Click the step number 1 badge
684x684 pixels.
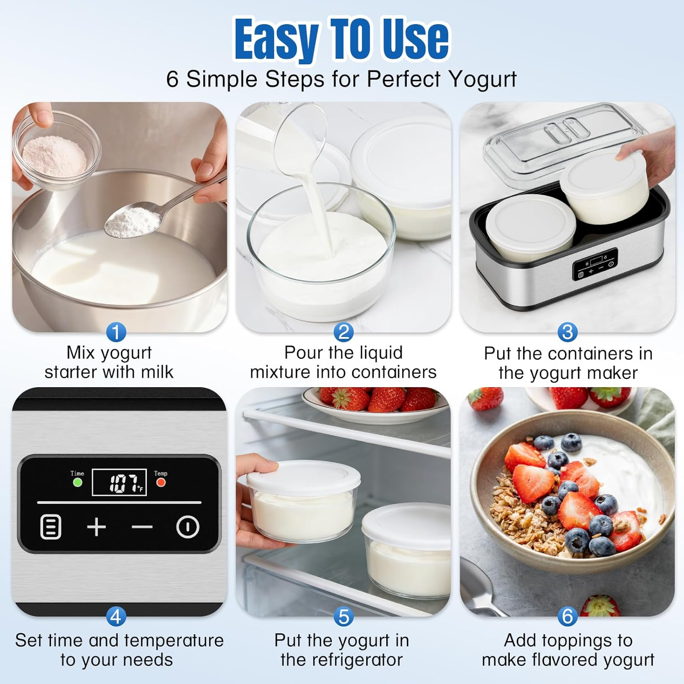coord(116,332)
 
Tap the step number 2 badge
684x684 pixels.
coord(343,332)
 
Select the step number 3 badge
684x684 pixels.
coord(567,332)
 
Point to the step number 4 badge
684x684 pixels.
coord(116,617)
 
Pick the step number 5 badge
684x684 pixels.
coord(343,617)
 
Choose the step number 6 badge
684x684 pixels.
coord(567,617)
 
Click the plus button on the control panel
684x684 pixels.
coord(96,527)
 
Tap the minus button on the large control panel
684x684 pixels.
coord(142,528)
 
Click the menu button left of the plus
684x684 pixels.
coord(51,527)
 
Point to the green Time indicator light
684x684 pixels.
coord(78,482)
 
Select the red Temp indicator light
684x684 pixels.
coord(161,482)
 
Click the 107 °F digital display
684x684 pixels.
coord(119,482)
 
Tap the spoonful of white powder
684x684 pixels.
coord(132,222)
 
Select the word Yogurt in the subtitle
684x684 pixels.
coord(482,79)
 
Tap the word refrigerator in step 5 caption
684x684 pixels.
coord(342,660)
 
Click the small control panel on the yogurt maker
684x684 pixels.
coord(595,264)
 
